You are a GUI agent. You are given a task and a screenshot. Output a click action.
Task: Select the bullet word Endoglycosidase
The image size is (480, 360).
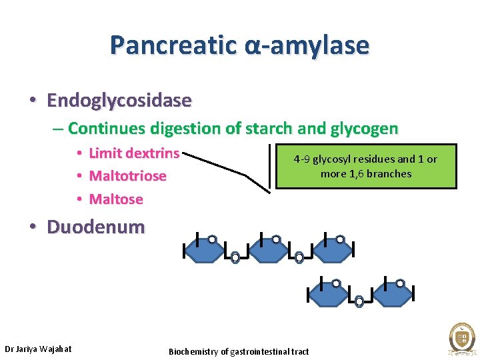[x=119, y=101]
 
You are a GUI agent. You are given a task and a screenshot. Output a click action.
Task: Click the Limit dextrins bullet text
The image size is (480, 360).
[x=134, y=153]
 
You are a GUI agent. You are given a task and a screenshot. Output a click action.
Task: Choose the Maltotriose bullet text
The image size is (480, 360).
[x=127, y=176]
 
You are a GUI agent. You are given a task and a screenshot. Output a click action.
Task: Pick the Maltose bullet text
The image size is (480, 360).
[x=116, y=199]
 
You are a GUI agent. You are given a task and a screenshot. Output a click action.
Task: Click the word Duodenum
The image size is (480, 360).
[x=95, y=227]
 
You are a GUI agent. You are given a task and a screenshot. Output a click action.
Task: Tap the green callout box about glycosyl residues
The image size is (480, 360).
[x=366, y=167]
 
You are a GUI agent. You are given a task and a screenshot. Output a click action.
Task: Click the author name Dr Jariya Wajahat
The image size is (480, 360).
[x=38, y=349]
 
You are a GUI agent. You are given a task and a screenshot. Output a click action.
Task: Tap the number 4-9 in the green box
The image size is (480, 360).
[x=301, y=159]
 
